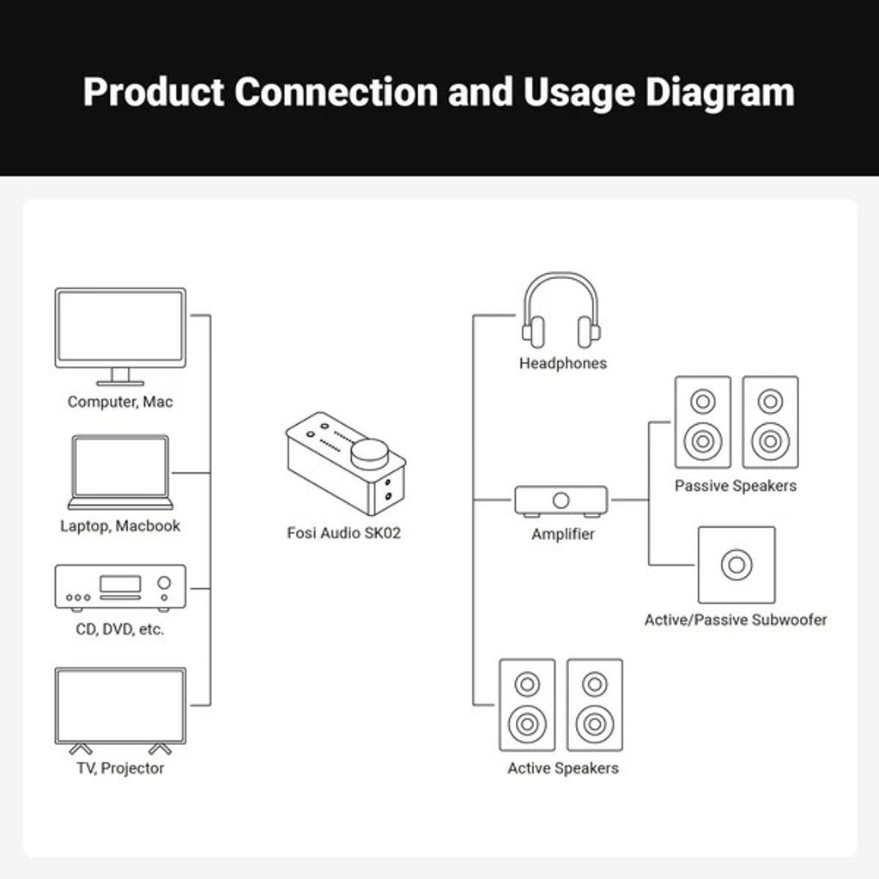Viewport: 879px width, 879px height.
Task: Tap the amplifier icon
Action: pyautogui.click(x=561, y=500)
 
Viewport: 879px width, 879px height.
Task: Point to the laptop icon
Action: pyautogui.click(x=120, y=472)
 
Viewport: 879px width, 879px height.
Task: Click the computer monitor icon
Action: pyautogui.click(x=120, y=335)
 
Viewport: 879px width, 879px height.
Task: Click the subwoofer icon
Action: pyautogui.click(x=737, y=565)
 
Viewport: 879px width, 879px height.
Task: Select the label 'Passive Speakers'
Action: pyautogui.click(x=736, y=486)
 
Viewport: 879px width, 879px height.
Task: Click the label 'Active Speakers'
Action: pyautogui.click(x=563, y=768)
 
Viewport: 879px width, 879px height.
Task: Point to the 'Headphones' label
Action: pyautogui.click(x=563, y=364)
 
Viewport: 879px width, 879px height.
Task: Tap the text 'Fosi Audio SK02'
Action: pyautogui.click(x=344, y=533)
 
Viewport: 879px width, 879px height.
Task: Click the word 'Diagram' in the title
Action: pyautogui.click(x=720, y=92)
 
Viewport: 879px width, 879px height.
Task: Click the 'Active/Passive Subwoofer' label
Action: pyautogui.click(x=736, y=620)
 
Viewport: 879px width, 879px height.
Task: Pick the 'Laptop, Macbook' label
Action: pyautogui.click(x=120, y=526)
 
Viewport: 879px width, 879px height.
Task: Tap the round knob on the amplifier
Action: pyautogui.click(x=561, y=500)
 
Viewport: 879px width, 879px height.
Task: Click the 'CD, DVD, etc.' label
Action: pyautogui.click(x=120, y=629)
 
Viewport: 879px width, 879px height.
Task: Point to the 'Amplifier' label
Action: pyautogui.click(x=563, y=535)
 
